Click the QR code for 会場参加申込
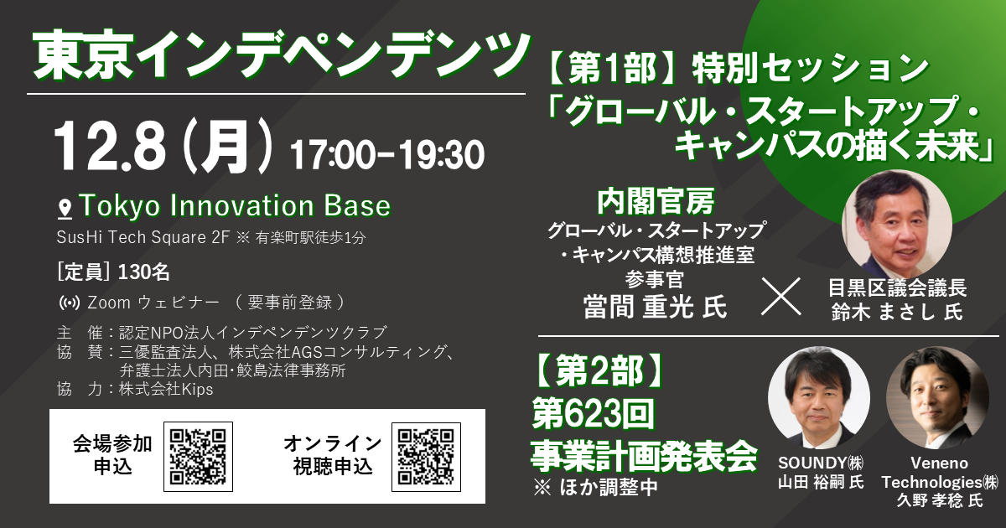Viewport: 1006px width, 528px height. (x=198, y=457)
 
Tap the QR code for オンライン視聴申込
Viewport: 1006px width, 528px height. (x=426, y=457)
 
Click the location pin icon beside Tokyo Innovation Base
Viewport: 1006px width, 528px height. (x=65, y=210)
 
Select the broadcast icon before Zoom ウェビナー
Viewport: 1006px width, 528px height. (x=70, y=303)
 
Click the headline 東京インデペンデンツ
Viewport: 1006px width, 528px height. (x=280, y=56)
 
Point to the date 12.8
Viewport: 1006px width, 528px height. (x=110, y=147)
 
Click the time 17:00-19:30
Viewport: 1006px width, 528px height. (x=387, y=155)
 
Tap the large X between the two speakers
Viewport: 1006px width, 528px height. (x=781, y=297)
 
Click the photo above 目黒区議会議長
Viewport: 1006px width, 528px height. (x=897, y=224)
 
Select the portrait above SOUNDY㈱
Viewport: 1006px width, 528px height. (x=819, y=398)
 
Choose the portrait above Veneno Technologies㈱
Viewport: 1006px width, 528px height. (x=937, y=398)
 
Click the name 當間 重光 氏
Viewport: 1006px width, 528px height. (x=655, y=308)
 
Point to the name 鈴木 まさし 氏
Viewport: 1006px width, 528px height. (x=897, y=312)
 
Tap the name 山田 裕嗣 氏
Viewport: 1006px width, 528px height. (x=821, y=482)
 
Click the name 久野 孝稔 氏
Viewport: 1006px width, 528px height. (x=940, y=500)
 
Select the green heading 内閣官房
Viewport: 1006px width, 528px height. (x=656, y=202)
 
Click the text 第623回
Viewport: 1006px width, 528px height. (x=594, y=414)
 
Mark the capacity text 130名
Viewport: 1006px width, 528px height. (x=143, y=272)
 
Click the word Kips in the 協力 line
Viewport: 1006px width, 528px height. (x=197, y=390)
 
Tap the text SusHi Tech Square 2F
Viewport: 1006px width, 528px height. (x=143, y=237)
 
